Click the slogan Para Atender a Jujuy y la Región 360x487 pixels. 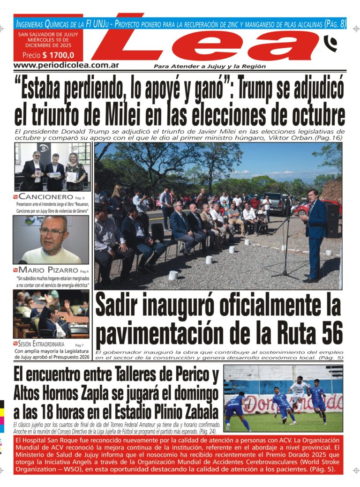(x=210, y=66)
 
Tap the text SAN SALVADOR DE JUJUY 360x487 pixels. (x=48, y=34)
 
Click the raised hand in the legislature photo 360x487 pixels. (x=48, y=298)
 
